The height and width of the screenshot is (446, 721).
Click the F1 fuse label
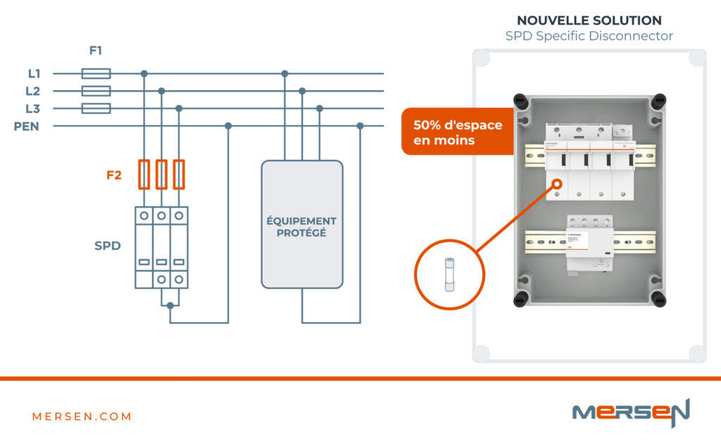point(96,51)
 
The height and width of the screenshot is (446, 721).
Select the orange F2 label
point(114,175)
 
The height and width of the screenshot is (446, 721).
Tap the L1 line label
point(34,73)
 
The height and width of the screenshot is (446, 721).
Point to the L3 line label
point(33,109)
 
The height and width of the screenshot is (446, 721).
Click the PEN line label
point(26,126)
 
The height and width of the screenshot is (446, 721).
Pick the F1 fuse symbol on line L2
point(96,91)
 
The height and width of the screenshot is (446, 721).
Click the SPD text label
point(108,246)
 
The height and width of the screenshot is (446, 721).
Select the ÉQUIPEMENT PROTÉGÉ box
point(302,224)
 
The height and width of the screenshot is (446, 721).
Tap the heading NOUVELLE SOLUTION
point(589,20)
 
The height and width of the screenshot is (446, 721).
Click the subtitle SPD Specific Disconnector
point(589,36)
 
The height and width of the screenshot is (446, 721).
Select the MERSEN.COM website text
point(82,416)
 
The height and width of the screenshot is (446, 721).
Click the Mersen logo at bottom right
point(630,412)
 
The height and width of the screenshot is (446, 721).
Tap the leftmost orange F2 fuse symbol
point(144,174)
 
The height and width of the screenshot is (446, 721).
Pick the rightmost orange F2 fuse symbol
point(179,174)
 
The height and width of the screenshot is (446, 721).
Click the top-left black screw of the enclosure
point(522,101)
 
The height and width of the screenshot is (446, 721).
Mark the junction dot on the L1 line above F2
point(144,73)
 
